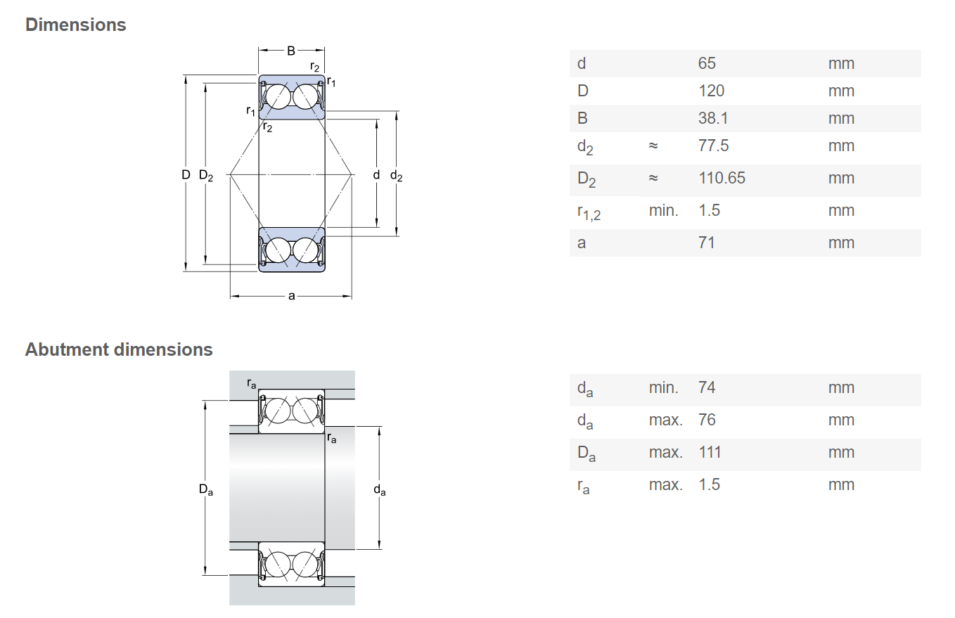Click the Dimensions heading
point(76,25)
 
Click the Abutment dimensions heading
point(119,349)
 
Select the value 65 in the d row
point(707,63)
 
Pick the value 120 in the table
point(711,91)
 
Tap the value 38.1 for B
point(713,118)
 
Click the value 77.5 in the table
point(714,146)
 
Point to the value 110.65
point(722,178)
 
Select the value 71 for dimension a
point(707,243)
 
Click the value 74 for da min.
point(707,387)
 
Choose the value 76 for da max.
point(707,420)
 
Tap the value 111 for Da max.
point(710,452)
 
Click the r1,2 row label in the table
point(589,212)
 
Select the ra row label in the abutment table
point(583,487)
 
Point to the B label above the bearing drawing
point(291,51)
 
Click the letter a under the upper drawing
point(292,296)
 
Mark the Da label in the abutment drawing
point(206,490)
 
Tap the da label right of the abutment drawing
point(380,490)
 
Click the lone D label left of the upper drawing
point(186,175)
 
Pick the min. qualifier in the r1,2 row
point(663,210)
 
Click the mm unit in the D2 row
point(841,178)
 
